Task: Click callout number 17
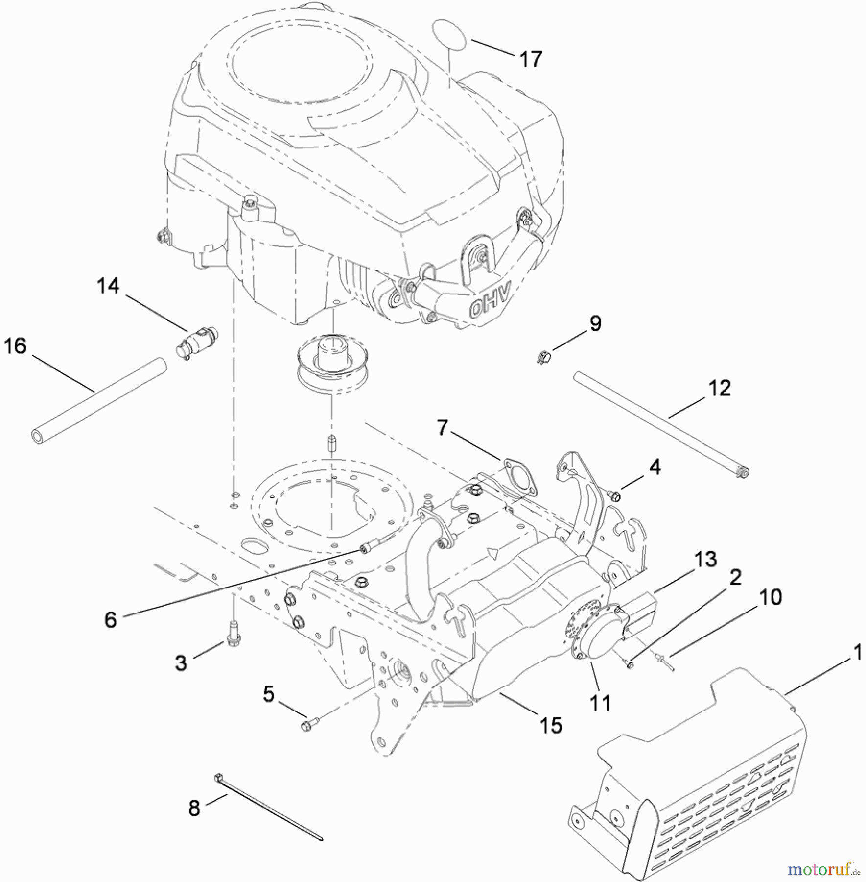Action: [531, 59]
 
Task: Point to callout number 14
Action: [108, 286]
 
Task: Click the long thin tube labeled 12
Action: [661, 422]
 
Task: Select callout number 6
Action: [111, 620]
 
